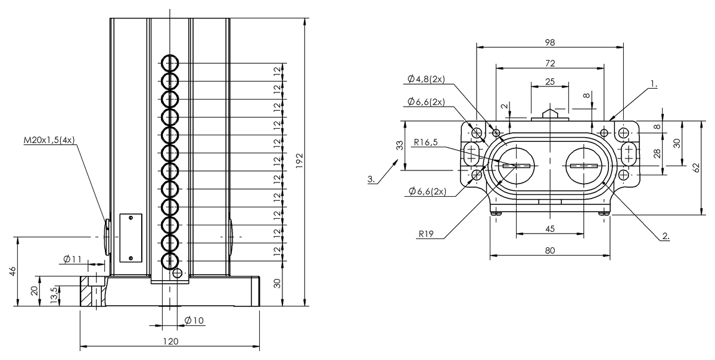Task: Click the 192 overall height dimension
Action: tap(300, 159)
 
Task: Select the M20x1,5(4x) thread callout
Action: tap(49, 141)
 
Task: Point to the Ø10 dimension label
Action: tap(194, 321)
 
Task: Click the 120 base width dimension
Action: tap(170, 342)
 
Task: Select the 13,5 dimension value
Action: tap(54, 294)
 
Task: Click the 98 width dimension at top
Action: tap(549, 42)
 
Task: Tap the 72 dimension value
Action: tap(549, 63)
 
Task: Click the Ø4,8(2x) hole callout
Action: tap(426, 79)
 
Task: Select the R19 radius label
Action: tap(425, 235)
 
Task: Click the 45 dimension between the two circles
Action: tap(549, 229)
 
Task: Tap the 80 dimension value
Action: tap(549, 250)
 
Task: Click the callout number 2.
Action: tap(666, 237)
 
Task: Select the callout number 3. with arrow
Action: tap(371, 179)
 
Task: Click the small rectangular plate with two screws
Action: tap(130, 238)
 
